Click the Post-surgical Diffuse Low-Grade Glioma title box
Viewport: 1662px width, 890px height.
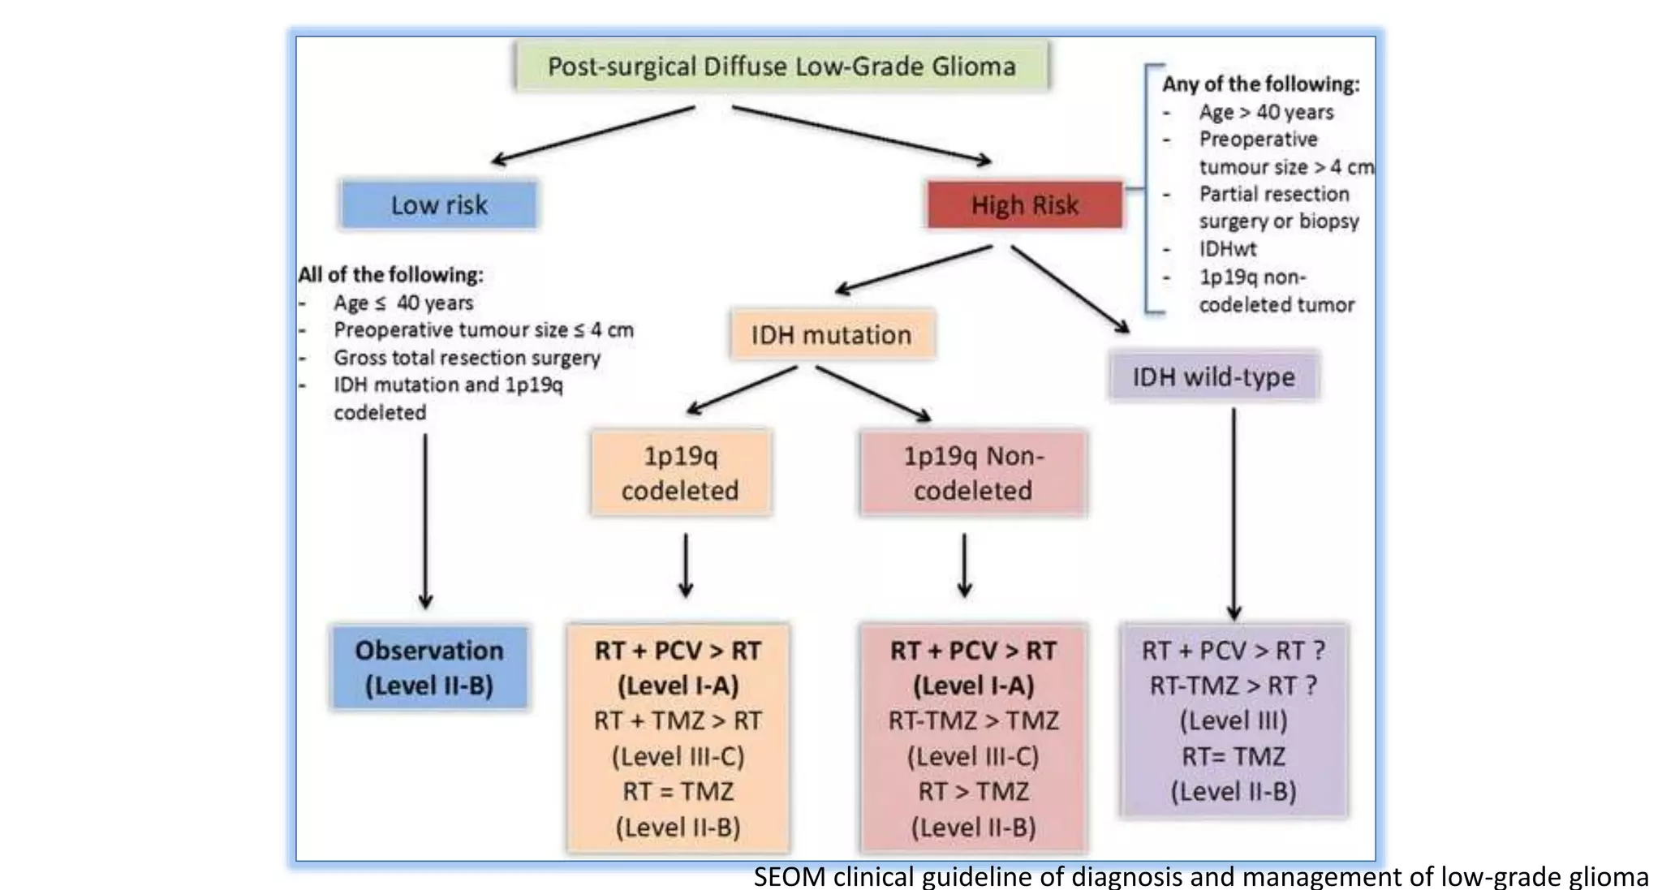(x=781, y=67)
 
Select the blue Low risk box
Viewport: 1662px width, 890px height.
(x=439, y=204)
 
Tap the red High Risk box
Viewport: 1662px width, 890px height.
(x=1025, y=204)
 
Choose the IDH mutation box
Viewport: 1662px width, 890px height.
(x=832, y=334)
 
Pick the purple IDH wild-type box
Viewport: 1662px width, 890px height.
(x=1213, y=376)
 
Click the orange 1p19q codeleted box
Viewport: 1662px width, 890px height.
(x=680, y=473)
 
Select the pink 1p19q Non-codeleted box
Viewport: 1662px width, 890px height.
(x=973, y=473)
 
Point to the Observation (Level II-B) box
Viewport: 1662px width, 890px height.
(x=429, y=668)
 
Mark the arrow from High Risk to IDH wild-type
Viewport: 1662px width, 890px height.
(x=1070, y=289)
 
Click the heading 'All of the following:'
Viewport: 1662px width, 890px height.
(x=390, y=274)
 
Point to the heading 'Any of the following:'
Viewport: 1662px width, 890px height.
(x=1260, y=84)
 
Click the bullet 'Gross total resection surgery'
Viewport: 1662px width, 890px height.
(x=467, y=357)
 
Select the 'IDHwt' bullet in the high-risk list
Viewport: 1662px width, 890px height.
(x=1227, y=249)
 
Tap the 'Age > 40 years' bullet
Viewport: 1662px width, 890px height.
(x=1266, y=112)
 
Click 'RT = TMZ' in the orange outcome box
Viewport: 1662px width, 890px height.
(x=678, y=791)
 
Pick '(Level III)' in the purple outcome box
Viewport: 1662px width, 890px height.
(x=1234, y=720)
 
